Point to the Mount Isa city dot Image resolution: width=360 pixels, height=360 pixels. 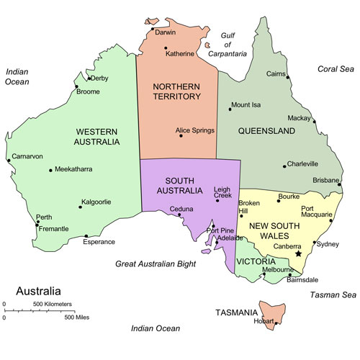pyautogui.click(x=230, y=109)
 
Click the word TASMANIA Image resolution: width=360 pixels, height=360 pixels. pyautogui.click(x=236, y=312)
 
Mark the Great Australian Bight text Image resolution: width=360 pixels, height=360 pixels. pyautogui.click(x=156, y=264)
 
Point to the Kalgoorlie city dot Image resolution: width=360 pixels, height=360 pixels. pyautogui.click(x=80, y=208)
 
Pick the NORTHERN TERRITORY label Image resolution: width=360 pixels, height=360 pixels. pyautogui.click(x=177, y=91)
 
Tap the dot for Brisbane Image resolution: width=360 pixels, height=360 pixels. pyautogui.click(x=339, y=186)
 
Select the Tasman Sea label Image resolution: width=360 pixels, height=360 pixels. pyautogui.click(x=333, y=295)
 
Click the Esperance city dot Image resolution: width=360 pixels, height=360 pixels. pyautogui.click(x=86, y=235)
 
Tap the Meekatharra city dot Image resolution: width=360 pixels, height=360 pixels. pyautogui.click(x=50, y=170)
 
